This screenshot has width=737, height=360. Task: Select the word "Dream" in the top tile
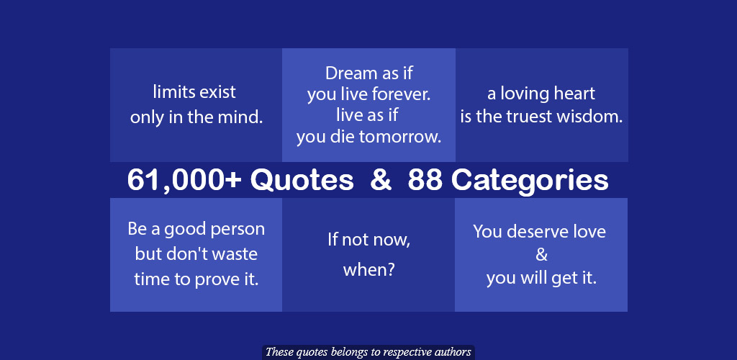(x=351, y=73)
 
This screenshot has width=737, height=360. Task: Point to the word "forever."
(x=401, y=94)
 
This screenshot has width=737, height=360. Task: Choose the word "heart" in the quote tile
(x=574, y=94)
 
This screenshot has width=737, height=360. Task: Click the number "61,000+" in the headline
(x=184, y=180)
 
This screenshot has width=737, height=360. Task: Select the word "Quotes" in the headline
(x=302, y=181)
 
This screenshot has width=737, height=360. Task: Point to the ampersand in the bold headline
(x=381, y=180)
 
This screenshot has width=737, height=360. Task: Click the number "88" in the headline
(x=425, y=180)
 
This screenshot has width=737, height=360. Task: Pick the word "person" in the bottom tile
(x=238, y=230)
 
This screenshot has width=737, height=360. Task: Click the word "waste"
(x=236, y=254)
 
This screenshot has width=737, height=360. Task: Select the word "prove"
(x=219, y=280)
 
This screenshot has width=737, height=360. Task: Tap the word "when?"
(x=368, y=270)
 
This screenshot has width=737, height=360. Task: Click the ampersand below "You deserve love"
(x=541, y=254)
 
